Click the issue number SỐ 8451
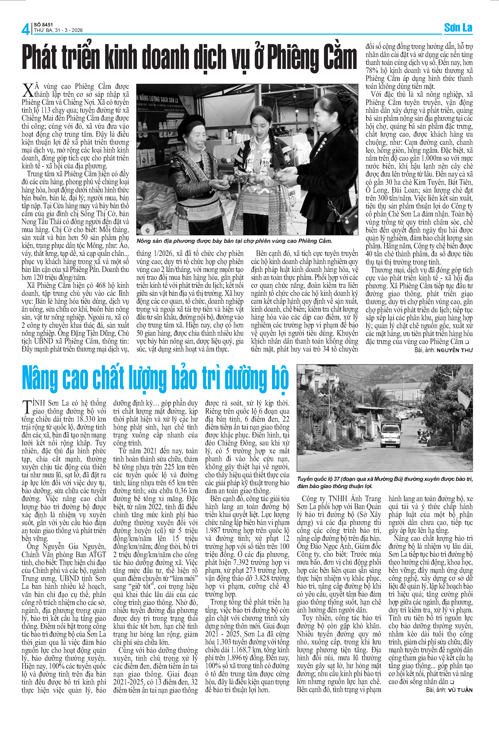coord(43,24)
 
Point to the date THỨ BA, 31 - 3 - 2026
coord(58,30)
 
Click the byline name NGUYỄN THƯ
coord(454,350)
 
